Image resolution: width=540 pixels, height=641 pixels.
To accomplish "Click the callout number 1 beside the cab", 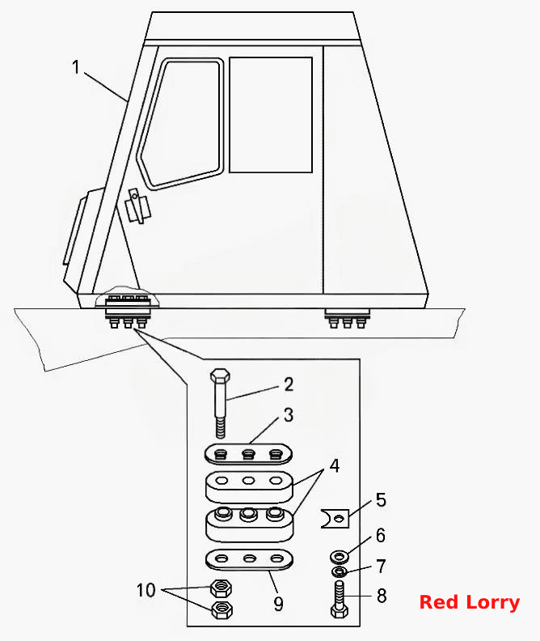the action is (x=75, y=67).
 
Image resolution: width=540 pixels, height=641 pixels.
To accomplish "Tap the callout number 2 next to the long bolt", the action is (x=289, y=384).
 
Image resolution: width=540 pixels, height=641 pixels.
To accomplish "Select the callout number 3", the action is (x=289, y=415).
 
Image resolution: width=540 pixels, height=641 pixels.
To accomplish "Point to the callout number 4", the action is (x=335, y=465).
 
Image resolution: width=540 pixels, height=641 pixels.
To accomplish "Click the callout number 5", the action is (x=381, y=500).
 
